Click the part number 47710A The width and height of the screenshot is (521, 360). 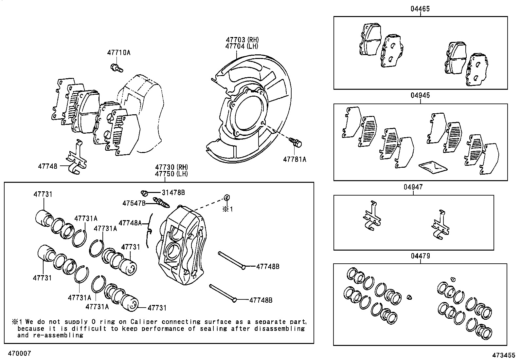[x=118, y=53]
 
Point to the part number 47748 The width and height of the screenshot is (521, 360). [x=47, y=166]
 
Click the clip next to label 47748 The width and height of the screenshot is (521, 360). [x=76, y=157]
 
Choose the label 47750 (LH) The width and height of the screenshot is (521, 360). [x=171, y=174]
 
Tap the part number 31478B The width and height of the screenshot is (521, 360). [x=173, y=193]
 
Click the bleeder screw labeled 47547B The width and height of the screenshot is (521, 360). [x=161, y=202]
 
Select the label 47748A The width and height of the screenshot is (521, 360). [x=130, y=223]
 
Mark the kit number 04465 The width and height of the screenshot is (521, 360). [x=420, y=9]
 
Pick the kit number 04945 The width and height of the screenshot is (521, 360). [x=420, y=95]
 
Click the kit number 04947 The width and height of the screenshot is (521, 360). [x=413, y=187]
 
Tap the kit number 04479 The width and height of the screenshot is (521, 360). [x=420, y=256]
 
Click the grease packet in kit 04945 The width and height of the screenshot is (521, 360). [x=433, y=167]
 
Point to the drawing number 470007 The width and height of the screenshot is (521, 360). [x=19, y=353]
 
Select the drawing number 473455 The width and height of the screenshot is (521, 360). [x=504, y=355]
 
